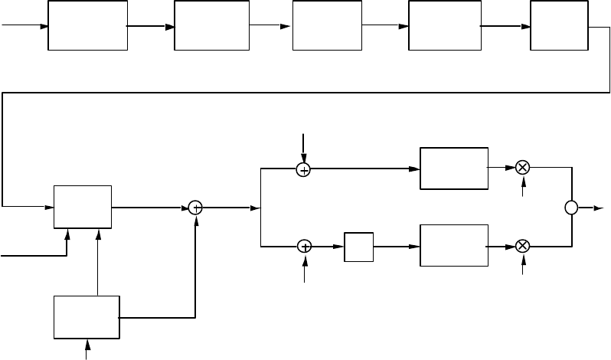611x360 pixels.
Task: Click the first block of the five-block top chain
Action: coord(87,25)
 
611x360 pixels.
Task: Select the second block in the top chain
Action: coord(211,25)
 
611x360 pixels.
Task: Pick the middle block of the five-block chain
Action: coord(327,25)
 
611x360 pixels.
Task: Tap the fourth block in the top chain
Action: coord(444,25)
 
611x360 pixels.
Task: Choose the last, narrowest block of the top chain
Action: coord(558,25)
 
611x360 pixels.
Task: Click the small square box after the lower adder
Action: coord(358,246)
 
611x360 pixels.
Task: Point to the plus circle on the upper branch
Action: coord(303,170)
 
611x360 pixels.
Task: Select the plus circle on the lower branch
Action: coord(304,246)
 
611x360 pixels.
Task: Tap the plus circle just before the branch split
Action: coord(195,207)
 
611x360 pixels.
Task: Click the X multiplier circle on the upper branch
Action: coord(523,167)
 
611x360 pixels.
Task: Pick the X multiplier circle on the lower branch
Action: coord(523,246)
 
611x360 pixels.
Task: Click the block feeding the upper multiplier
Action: coord(454,168)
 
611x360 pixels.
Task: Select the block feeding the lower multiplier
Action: coord(454,246)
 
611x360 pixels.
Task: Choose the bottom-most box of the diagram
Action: coord(87,316)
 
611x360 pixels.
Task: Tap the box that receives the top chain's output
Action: coord(83,207)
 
